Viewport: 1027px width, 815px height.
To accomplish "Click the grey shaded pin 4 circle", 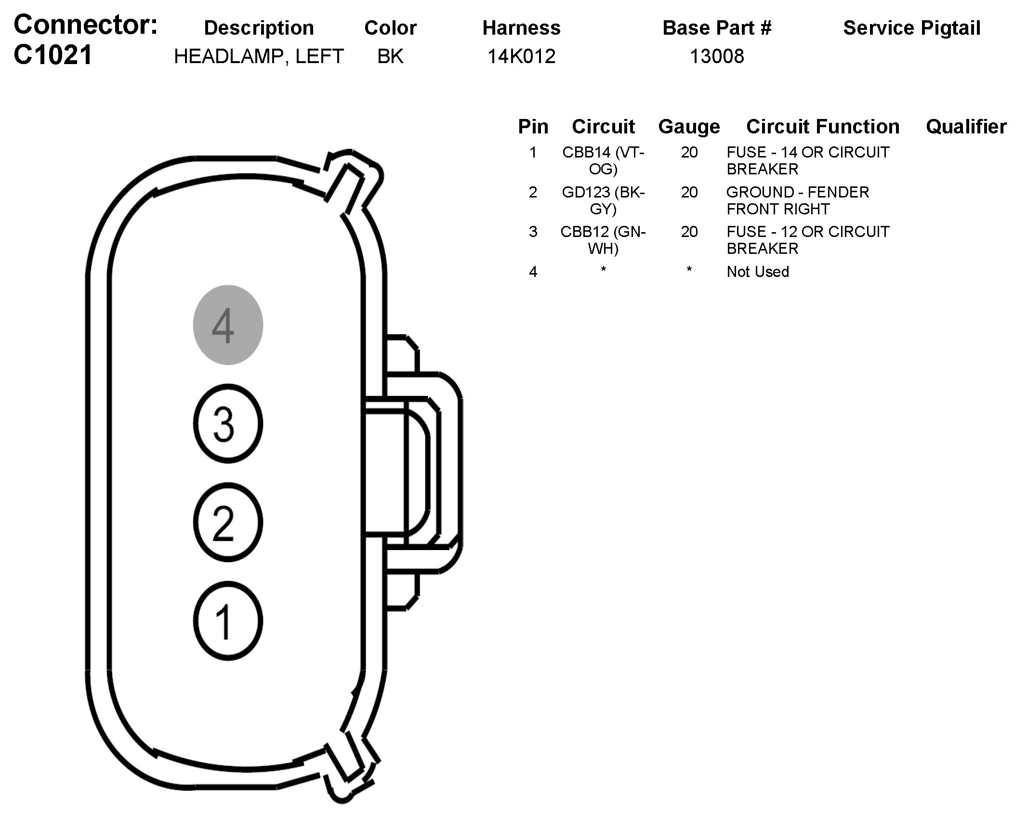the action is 228,325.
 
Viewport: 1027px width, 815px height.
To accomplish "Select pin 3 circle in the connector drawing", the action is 228,424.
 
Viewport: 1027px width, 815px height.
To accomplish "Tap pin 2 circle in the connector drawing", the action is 228,522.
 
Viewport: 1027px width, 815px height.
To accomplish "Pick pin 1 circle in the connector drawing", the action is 228,621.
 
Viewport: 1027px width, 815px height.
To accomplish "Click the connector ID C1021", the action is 53,55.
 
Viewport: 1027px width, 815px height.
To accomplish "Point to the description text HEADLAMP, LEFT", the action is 259,57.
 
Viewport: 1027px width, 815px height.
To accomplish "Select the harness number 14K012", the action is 521,57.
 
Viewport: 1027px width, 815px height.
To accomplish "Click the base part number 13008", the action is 717,57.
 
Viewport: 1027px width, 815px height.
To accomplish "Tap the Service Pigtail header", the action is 911,28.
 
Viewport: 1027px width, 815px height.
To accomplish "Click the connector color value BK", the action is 390,57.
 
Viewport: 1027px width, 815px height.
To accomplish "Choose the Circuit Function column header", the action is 823,127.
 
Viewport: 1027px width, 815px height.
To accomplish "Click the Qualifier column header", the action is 966,127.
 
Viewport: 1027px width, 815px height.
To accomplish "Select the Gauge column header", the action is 689,127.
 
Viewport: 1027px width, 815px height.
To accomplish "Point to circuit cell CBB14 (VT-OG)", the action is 603,160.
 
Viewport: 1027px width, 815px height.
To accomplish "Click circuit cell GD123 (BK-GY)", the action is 603,200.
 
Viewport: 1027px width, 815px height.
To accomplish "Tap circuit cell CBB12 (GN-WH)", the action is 603,240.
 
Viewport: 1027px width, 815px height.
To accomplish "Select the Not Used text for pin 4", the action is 758,272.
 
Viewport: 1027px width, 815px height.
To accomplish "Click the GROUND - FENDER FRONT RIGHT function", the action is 797,200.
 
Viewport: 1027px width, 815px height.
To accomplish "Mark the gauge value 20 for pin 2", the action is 689,192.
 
